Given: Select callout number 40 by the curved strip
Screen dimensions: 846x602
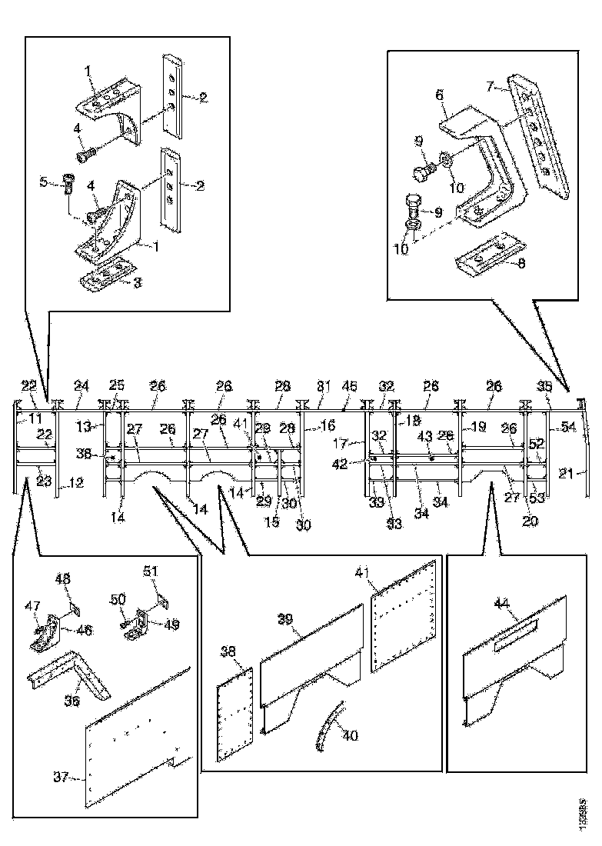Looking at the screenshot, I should click(350, 736).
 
